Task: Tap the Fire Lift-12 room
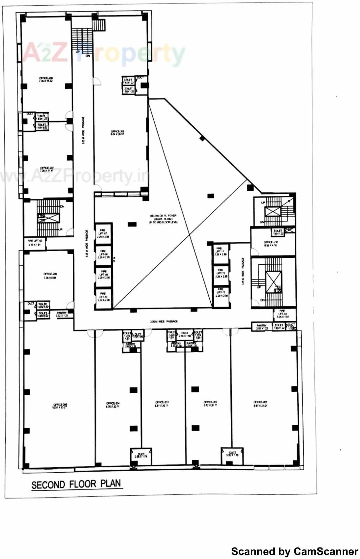pos(221,275)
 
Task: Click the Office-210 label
pos(271,244)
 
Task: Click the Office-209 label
pos(117,133)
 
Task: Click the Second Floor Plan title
pos(76,484)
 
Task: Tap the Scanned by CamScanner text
pos(294,551)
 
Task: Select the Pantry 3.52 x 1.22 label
pos(62,314)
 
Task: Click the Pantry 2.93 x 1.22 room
pos(262,326)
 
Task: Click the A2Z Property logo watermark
pos(104,53)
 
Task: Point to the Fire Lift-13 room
pos(221,293)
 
